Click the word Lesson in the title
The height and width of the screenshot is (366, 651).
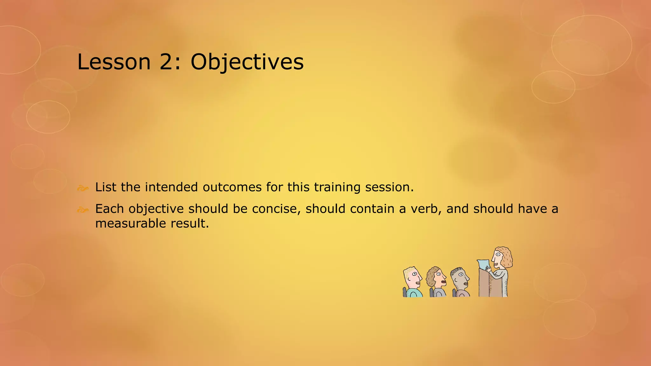point(114,62)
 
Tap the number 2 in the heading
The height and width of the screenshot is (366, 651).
point(166,62)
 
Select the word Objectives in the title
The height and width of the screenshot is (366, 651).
point(247,62)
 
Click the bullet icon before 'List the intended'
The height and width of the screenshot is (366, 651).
point(82,188)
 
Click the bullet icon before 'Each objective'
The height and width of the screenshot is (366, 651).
point(82,210)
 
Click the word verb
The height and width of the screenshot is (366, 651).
point(426,209)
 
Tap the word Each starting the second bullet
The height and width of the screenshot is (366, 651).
point(109,209)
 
